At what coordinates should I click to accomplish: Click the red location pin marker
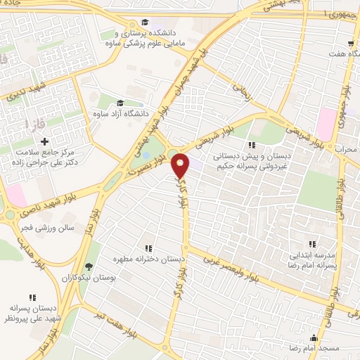tap(181, 165)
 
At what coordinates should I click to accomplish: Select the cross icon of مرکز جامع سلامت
tap(44, 143)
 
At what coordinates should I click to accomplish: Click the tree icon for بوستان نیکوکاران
tap(89, 267)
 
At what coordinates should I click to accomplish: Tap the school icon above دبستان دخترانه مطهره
tap(148, 248)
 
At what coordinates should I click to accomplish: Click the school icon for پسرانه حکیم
tap(252, 145)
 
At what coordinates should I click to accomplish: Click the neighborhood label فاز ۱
tap(36, 124)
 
